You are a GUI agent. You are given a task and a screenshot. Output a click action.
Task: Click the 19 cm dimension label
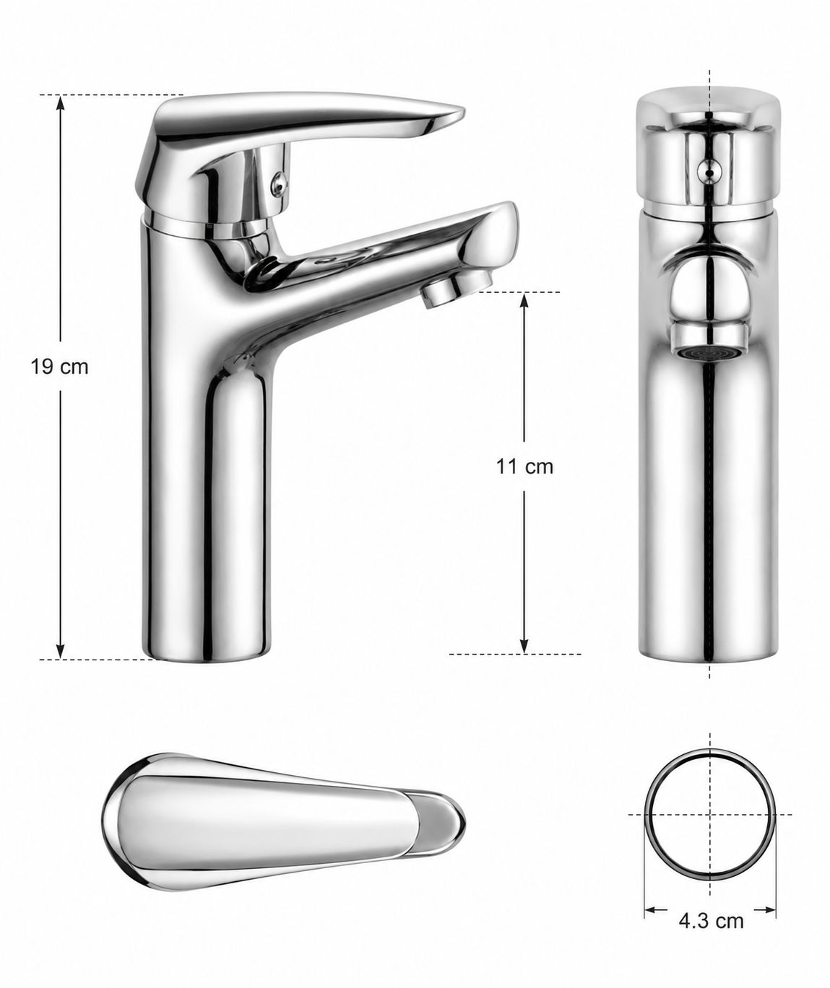point(60,367)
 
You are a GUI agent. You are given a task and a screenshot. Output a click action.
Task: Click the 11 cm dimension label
point(524,467)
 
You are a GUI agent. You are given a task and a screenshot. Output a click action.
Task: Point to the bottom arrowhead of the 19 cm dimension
point(60,651)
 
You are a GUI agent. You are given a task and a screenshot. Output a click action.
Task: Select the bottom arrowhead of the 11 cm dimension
point(524,646)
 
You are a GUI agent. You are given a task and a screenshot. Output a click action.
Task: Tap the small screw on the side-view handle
point(280,183)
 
